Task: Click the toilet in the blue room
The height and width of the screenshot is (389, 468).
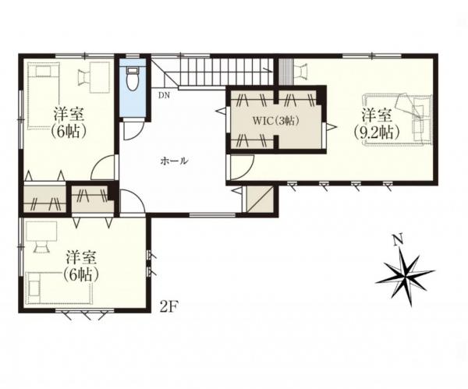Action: [133, 79]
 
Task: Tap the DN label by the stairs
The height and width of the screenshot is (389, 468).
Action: [164, 95]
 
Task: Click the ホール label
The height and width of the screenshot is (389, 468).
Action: [174, 161]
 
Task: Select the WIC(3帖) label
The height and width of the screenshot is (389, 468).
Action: [276, 121]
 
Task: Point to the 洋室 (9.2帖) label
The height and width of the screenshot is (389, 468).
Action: [377, 124]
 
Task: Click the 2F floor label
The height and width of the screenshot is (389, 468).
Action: [169, 307]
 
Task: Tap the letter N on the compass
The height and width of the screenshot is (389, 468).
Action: [397, 240]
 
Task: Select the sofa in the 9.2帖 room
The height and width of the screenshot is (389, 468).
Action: [398, 119]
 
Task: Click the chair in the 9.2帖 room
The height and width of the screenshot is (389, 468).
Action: [301, 71]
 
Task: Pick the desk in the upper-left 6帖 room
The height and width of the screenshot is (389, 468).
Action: [100, 77]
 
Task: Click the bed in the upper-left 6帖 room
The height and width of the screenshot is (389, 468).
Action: [44, 95]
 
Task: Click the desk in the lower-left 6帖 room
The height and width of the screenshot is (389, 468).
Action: [41, 232]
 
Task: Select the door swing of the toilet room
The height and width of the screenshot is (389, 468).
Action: [133, 131]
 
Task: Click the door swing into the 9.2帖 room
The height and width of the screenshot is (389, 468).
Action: [242, 167]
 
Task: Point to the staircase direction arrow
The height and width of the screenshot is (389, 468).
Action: [268, 70]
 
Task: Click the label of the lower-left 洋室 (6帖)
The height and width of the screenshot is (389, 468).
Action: [80, 267]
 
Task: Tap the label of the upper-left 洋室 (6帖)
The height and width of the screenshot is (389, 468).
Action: [69, 122]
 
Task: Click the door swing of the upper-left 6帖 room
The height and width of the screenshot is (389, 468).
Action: [102, 168]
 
